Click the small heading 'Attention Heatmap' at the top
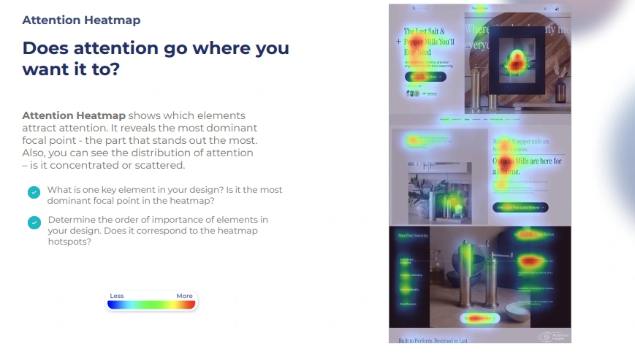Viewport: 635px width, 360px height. [x=81, y=20]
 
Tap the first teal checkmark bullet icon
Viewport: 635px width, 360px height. [x=34, y=192]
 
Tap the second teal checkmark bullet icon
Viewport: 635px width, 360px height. [x=34, y=222]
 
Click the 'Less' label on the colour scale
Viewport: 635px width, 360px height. [x=117, y=296]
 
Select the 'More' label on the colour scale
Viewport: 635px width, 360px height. [x=184, y=296]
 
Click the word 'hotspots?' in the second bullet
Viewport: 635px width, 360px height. [x=69, y=242]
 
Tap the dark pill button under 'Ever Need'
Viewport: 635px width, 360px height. [x=425, y=76]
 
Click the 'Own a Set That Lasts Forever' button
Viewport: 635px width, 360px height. [x=520, y=207]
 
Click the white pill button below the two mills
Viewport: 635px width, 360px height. [x=479, y=318]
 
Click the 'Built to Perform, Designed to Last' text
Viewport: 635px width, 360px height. [x=433, y=340]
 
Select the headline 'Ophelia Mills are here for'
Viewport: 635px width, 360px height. [x=527, y=161]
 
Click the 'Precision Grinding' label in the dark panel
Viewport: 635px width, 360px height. [x=411, y=275]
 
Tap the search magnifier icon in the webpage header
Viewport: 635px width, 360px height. [x=413, y=9]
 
